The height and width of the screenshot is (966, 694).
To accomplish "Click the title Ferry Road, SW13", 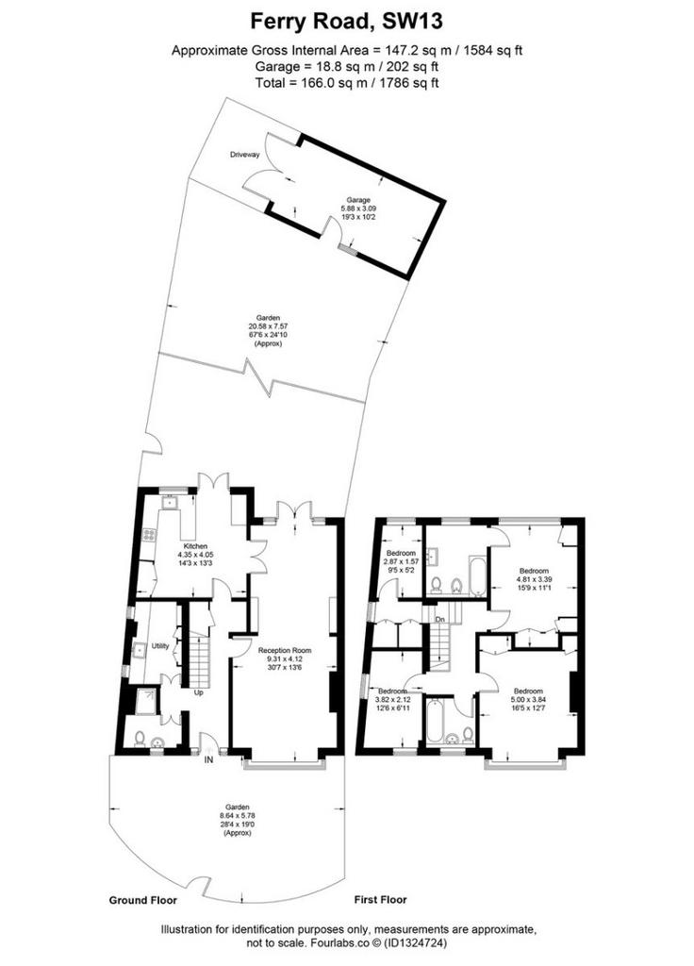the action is coord(346,22).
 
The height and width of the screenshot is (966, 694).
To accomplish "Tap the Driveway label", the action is coord(245,155).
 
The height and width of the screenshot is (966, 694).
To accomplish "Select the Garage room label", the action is coord(358,200).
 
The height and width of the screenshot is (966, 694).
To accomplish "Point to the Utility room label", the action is coord(160,646).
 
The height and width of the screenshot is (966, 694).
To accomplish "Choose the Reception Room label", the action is coord(285,651).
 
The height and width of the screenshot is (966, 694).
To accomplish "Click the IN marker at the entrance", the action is coord(208,760).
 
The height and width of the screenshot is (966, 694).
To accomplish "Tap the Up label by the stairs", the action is coord(199,692).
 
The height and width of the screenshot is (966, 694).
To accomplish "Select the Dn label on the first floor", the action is coord(439,619).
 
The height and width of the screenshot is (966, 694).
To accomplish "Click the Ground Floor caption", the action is coord(143,900).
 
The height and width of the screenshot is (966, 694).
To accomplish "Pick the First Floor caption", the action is coord(381,899).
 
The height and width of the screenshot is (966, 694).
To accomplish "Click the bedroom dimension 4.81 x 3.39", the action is coord(534,580).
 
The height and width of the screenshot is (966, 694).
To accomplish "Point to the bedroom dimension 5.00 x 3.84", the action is coord(528,699).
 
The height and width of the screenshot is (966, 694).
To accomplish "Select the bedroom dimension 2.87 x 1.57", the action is coord(400,562).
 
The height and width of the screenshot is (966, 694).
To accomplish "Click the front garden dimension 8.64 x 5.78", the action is coord(237,816).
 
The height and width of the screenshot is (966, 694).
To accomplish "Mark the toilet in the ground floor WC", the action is coord(140,738).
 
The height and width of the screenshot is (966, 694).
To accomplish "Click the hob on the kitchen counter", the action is coord(148,536).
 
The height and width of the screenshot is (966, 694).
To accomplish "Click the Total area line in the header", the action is coord(347,83).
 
